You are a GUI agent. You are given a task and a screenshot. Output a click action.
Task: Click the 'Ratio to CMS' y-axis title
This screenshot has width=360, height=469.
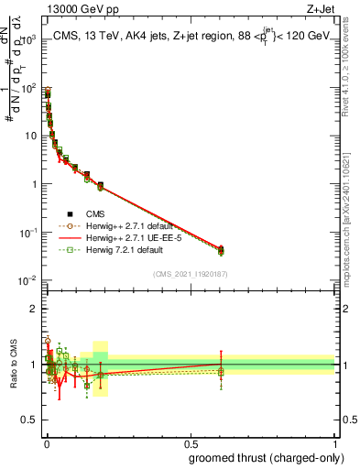pos(13,365)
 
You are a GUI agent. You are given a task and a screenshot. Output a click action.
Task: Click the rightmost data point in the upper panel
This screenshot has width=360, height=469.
pos(221,250)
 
